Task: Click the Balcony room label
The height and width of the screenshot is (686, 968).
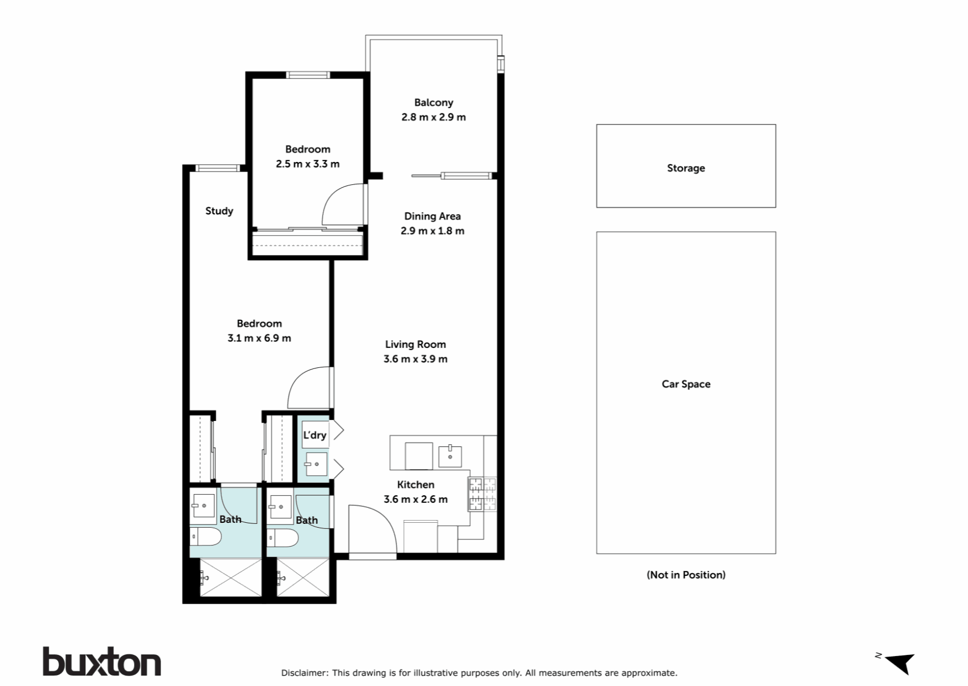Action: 433,102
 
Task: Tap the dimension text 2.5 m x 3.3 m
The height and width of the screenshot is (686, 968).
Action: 307,164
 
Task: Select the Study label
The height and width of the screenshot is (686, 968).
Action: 219,211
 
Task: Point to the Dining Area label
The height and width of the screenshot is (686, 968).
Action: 432,216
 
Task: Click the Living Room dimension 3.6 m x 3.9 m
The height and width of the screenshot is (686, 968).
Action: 415,359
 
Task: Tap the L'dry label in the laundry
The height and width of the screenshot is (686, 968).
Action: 315,435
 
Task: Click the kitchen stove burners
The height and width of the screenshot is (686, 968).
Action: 482,494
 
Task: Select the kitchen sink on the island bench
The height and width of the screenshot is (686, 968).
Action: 450,456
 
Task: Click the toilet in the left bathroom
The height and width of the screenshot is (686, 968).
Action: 205,536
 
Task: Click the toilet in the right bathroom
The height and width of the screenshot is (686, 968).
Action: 282,537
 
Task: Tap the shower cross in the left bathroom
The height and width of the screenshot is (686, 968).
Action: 230,578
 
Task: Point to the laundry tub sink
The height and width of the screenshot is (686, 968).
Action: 316,464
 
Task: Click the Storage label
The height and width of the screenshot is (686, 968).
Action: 686,168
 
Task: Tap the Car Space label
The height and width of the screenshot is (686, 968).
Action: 686,384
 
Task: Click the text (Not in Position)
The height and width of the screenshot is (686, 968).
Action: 686,575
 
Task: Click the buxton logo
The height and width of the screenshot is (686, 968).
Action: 102,662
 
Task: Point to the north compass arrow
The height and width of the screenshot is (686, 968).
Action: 900,662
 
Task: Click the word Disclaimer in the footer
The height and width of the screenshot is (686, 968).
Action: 304,673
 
